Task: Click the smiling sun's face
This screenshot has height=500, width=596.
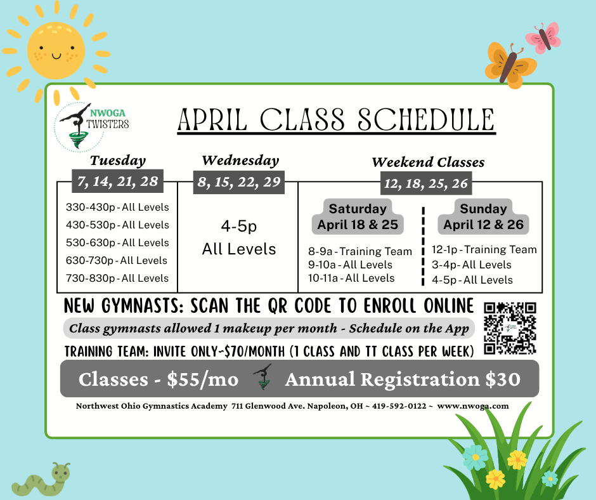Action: coord(56,51)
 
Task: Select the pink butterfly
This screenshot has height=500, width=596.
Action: coord(543,37)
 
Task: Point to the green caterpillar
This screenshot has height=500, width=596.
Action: coord(41,480)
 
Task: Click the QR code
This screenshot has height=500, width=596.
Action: coord(510,329)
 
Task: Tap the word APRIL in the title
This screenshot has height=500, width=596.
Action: coord(212,120)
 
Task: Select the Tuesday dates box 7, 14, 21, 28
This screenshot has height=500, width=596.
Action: coord(118,181)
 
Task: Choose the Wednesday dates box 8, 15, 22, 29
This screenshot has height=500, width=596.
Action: coord(238,182)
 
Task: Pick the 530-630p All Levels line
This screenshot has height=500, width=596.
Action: coord(117,243)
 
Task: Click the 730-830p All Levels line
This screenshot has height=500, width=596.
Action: coord(117,278)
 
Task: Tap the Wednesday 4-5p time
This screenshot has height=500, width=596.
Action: coord(238,226)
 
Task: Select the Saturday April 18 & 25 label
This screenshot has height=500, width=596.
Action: coord(358,216)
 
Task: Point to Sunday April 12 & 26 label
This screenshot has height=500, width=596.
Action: coord(484,216)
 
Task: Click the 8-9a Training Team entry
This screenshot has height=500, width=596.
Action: coord(360,251)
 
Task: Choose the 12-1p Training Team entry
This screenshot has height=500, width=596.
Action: coord(484,249)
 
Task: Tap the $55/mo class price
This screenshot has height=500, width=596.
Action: coord(203,379)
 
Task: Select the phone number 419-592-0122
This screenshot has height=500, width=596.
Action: coord(399,406)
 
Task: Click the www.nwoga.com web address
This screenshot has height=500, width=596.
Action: coord(473,406)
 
